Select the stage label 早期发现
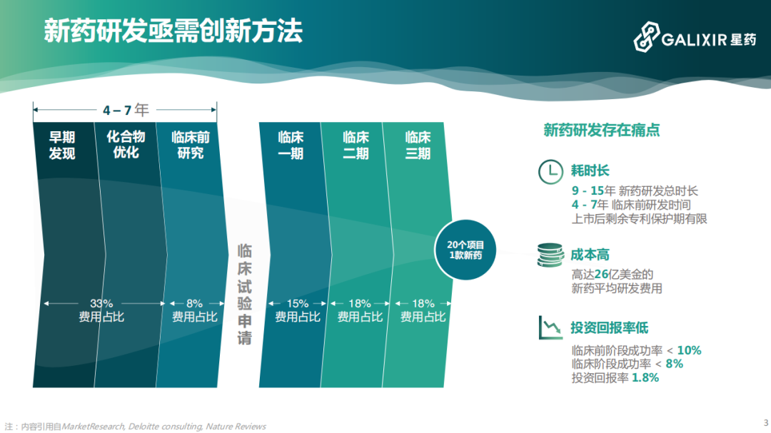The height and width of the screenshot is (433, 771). pyautogui.click(x=62, y=145)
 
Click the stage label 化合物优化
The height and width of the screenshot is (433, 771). pyautogui.click(x=126, y=144)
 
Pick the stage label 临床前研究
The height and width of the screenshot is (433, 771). pyautogui.click(x=190, y=145)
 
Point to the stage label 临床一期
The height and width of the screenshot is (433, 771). pyautogui.click(x=291, y=145)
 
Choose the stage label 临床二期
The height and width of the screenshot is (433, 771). pyautogui.click(x=356, y=145)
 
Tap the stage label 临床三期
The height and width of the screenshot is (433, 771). pyautogui.click(x=418, y=145)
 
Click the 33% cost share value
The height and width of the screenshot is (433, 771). pyautogui.click(x=101, y=303)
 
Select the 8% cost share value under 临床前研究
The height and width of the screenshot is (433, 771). pyautogui.click(x=194, y=303)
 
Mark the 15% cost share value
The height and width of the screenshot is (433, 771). pyautogui.click(x=298, y=303)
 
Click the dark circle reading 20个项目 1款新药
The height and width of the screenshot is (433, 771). pyautogui.click(x=465, y=250)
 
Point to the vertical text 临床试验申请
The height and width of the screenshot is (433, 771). pyautogui.click(x=245, y=294)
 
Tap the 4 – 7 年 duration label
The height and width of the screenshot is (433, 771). pyautogui.click(x=125, y=110)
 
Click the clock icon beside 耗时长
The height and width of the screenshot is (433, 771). pyautogui.click(x=550, y=172)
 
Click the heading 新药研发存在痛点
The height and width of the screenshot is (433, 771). pyautogui.click(x=601, y=130)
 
